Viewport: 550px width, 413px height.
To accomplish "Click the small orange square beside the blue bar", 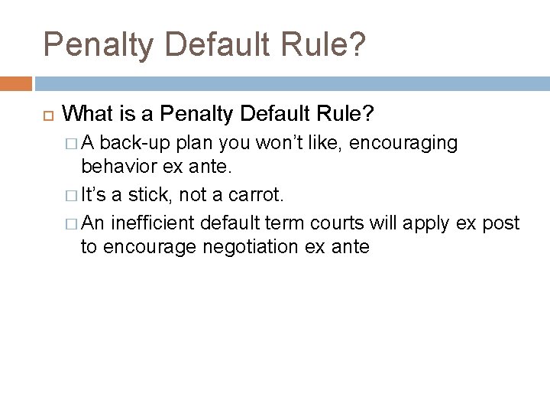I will pos(16,83).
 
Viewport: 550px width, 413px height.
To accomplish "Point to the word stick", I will pos(149,195).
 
